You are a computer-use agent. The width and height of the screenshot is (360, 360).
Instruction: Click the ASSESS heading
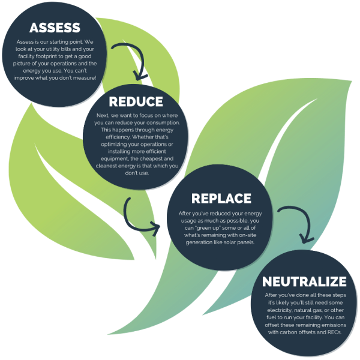[x=55, y=28]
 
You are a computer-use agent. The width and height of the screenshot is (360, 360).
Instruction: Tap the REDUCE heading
[x=136, y=101]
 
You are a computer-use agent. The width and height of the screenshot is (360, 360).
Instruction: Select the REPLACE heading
[x=219, y=199]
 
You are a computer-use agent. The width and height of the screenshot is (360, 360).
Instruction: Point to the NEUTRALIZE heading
[x=305, y=281]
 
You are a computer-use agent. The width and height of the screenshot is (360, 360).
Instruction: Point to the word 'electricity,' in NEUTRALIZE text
[x=280, y=310]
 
